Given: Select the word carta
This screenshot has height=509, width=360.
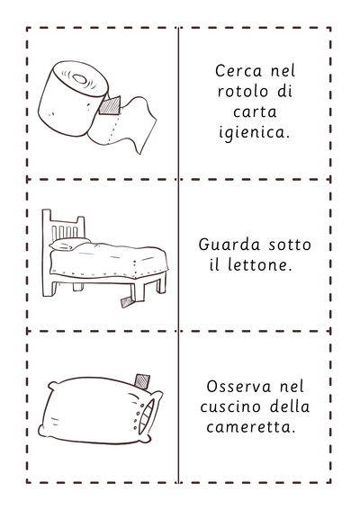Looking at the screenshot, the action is tap(255, 112).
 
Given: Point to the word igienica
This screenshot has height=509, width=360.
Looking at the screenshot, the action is tap(254, 132).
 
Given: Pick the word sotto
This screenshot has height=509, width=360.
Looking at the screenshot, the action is tap(290, 246).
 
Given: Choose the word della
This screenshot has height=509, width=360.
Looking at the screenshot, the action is tap(290, 406).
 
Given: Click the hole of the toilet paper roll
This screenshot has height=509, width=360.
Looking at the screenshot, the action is tap(79, 78).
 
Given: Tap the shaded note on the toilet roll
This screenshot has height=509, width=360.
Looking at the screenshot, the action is tap(110, 105).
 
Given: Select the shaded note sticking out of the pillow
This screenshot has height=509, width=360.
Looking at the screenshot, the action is tap(142, 381).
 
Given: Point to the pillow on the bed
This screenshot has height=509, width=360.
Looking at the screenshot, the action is tap(69, 244).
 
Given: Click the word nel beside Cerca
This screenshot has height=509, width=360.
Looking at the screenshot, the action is tap(283, 71).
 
